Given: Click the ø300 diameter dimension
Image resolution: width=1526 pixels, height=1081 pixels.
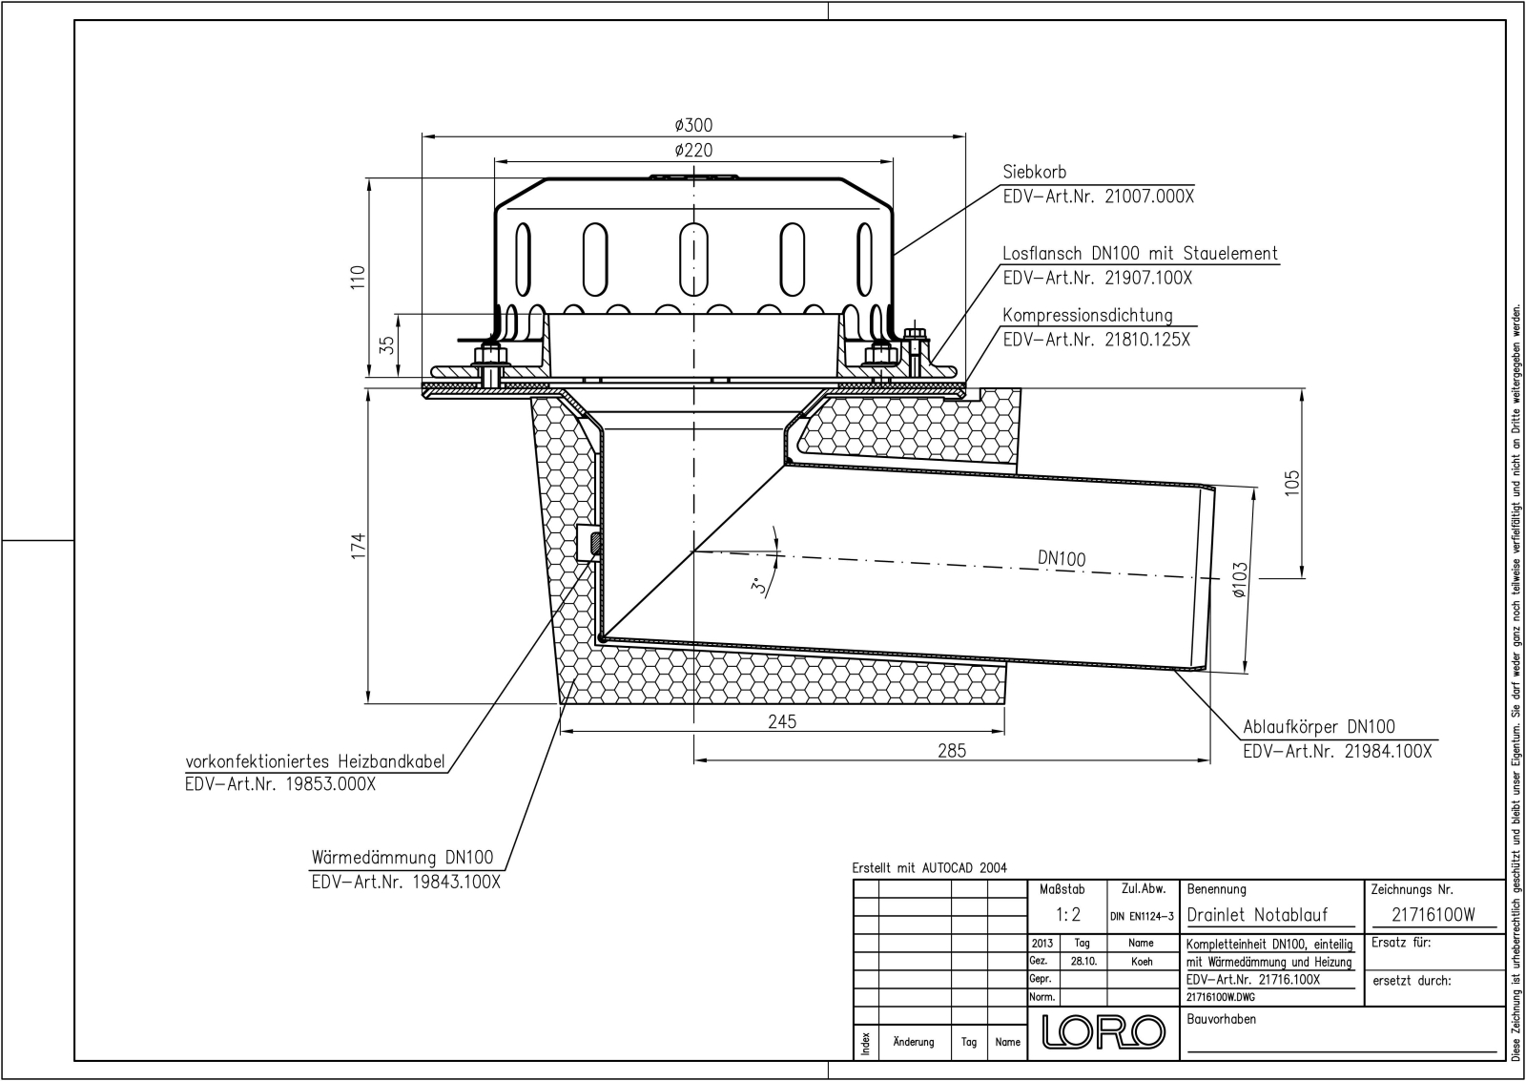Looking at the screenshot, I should [693, 125].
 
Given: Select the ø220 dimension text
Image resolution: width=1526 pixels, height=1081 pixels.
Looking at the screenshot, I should [693, 151].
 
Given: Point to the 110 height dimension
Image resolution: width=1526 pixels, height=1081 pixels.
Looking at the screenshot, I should [358, 278].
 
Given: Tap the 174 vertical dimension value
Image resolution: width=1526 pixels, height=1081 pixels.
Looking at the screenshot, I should [358, 546].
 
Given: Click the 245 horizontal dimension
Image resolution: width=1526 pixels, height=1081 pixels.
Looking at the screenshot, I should [782, 722].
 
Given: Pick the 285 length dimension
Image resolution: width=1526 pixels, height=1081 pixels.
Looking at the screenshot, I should [951, 751].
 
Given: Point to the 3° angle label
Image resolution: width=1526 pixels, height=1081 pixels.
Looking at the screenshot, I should [758, 586].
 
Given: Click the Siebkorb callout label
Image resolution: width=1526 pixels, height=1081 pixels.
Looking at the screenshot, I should [1035, 173].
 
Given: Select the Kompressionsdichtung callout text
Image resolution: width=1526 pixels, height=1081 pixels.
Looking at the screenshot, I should [1087, 316].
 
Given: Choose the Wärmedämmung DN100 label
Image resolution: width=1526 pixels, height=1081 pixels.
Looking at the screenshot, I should [402, 857].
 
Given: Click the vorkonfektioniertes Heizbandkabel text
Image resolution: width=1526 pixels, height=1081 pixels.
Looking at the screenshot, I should [315, 761].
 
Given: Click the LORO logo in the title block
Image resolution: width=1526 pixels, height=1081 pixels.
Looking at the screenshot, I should [1103, 1031].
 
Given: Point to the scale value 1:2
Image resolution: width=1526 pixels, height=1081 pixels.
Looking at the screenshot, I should [1068, 915].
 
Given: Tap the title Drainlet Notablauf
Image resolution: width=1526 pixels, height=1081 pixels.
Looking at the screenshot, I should [1257, 915].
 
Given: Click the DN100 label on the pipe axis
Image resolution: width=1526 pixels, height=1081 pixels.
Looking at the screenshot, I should [1062, 559].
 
